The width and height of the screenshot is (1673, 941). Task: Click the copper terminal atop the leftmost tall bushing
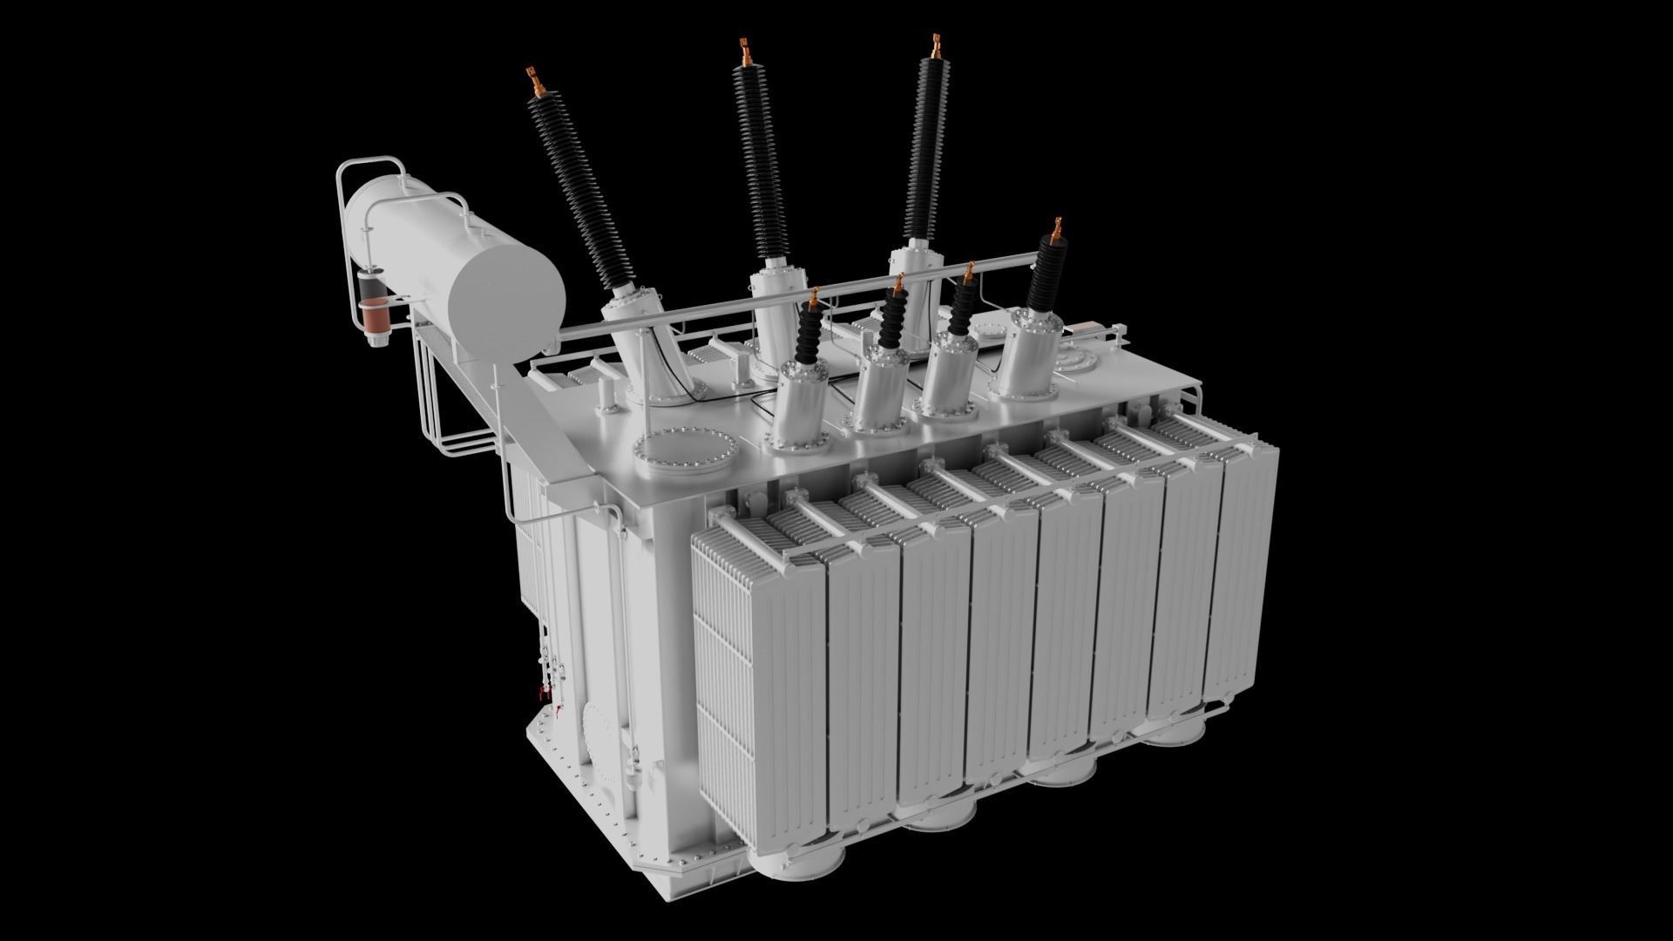click(534, 83)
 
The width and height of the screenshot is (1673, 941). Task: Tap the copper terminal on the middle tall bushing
click(745, 53)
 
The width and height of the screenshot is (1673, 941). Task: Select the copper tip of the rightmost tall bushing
click(936, 48)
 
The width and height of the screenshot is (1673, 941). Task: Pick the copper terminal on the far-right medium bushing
click(1057, 231)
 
